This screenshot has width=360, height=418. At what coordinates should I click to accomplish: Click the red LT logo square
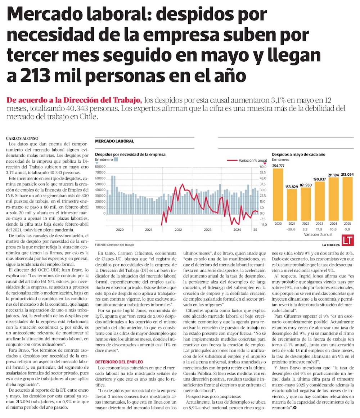(x=347, y=241)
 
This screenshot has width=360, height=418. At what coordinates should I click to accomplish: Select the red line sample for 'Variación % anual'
(x=232, y=161)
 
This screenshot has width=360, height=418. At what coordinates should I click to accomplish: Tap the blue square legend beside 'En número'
(x=116, y=159)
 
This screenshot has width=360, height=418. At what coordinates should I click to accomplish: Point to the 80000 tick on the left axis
(x=100, y=167)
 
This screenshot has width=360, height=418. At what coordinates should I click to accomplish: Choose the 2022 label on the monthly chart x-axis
(x=178, y=229)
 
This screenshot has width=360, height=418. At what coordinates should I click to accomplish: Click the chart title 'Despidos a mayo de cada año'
(x=298, y=154)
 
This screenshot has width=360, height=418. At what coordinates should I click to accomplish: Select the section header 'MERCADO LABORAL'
(x=114, y=141)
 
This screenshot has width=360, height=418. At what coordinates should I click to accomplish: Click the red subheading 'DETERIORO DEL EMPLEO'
(x=119, y=361)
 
